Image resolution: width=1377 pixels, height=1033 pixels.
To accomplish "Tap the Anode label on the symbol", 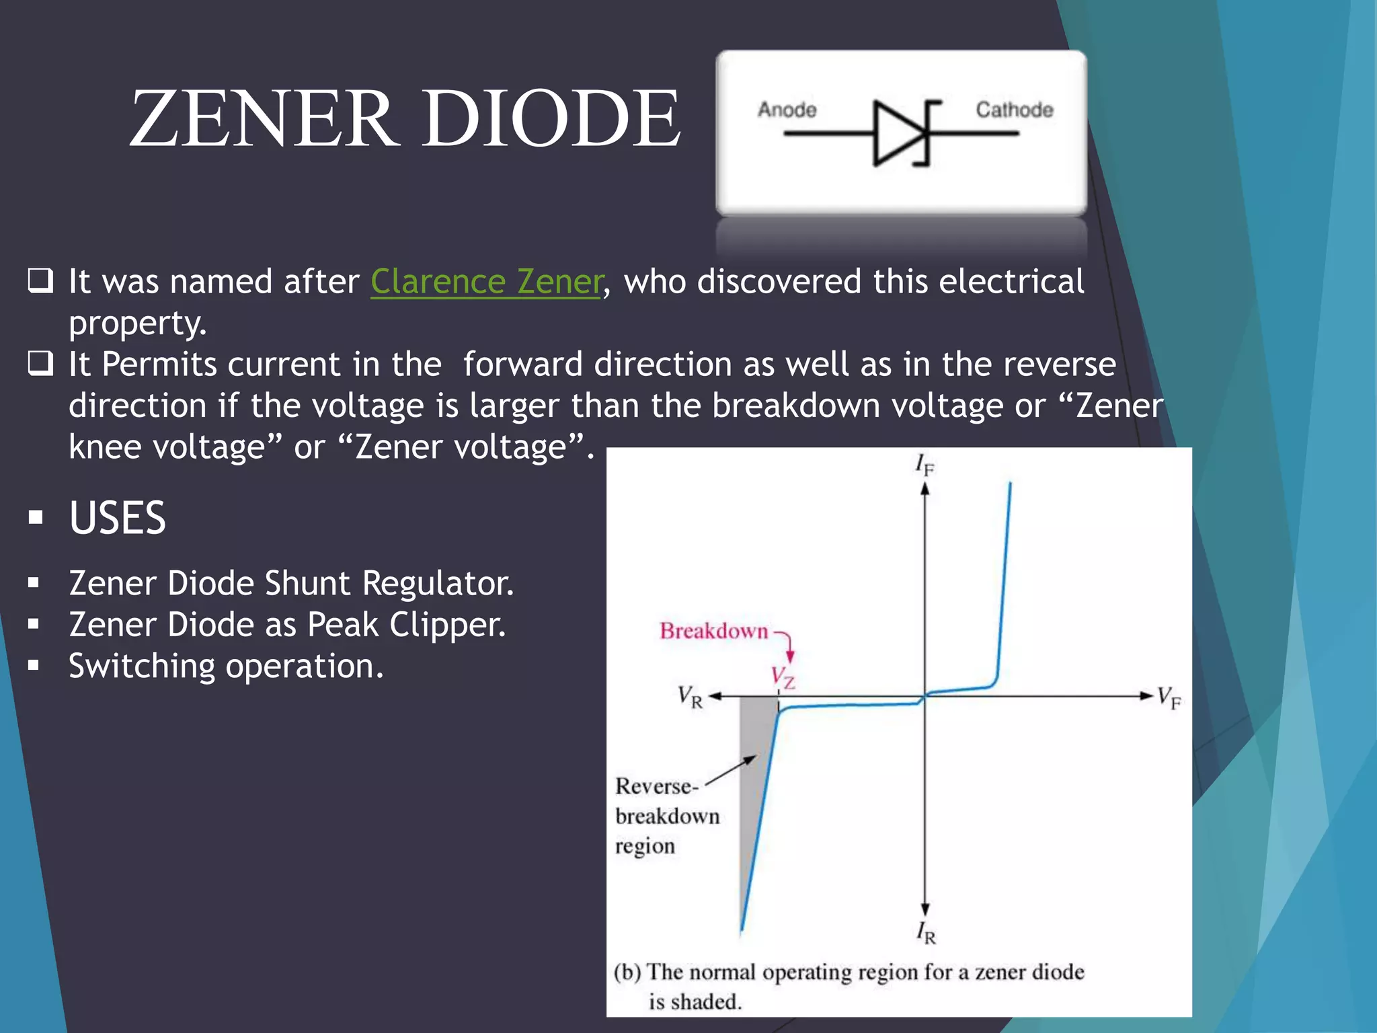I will click(x=787, y=110).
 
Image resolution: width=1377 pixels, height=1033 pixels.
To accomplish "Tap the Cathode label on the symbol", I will click(x=1014, y=110).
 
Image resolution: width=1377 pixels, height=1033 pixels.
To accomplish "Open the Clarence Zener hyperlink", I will click(x=485, y=281).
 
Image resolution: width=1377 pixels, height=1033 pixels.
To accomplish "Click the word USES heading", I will click(x=117, y=518).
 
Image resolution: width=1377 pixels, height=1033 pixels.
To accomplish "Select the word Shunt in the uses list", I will click(x=307, y=583).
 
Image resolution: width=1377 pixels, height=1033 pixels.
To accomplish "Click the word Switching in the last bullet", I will click(x=142, y=666).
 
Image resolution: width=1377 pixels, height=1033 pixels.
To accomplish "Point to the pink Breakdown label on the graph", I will click(x=713, y=631).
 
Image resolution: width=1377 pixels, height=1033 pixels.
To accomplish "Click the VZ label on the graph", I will click(x=782, y=677).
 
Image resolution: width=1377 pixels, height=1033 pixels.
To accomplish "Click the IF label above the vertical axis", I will click(x=924, y=465).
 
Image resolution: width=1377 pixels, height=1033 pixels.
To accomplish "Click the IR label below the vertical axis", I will click(x=926, y=933).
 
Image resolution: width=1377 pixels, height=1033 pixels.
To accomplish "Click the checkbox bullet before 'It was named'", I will click(x=40, y=280).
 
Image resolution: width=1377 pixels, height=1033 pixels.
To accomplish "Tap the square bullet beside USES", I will click(x=36, y=518).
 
